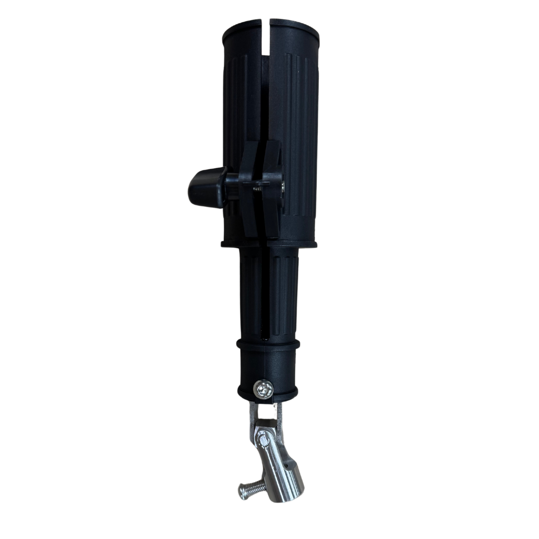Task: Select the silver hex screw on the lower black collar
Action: point(263,388)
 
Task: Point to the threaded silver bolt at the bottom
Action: point(250,491)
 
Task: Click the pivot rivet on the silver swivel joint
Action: point(262,439)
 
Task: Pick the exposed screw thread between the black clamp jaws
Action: point(258,188)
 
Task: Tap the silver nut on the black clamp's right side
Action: point(283,187)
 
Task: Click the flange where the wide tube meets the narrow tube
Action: point(269,244)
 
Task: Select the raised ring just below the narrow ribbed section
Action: point(269,344)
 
